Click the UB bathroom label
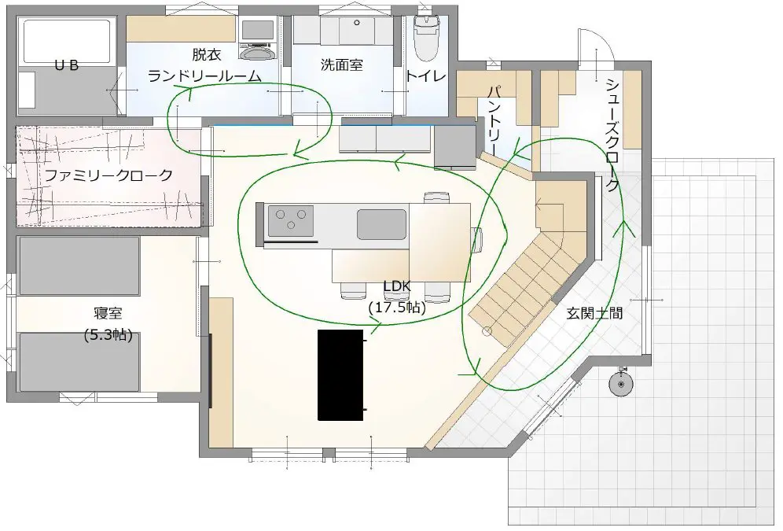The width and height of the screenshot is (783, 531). click(x=66, y=65)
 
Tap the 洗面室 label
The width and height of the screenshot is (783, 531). click(x=341, y=65)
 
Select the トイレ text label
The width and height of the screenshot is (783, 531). click(x=425, y=76)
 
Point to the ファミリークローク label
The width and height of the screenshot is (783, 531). click(x=108, y=175)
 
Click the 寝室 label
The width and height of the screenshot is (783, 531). click(x=108, y=314)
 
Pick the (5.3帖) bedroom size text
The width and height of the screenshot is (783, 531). click(x=108, y=334)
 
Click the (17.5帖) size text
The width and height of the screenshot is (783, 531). click(x=398, y=308)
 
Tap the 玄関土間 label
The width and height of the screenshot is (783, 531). click(x=594, y=314)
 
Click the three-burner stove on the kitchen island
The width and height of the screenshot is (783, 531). click(x=291, y=220)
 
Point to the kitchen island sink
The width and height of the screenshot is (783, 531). click(x=381, y=224)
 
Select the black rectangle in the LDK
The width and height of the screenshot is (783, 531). click(x=340, y=374)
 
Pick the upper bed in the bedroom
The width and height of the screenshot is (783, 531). click(x=79, y=266)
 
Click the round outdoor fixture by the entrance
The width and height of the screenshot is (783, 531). click(x=621, y=384)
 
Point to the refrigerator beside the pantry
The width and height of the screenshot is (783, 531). click(x=455, y=147)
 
